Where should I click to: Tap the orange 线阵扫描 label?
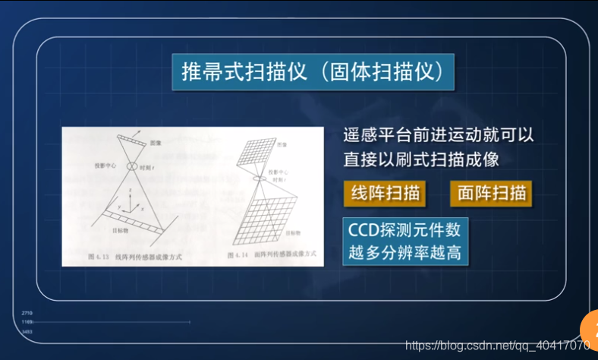(x=385, y=192)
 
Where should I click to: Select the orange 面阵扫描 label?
(x=492, y=192)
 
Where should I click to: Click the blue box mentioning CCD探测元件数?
(x=405, y=240)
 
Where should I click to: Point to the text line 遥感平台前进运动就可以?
(x=439, y=137)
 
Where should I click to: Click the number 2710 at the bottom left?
(x=27, y=313)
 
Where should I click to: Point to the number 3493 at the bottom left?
(x=27, y=332)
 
